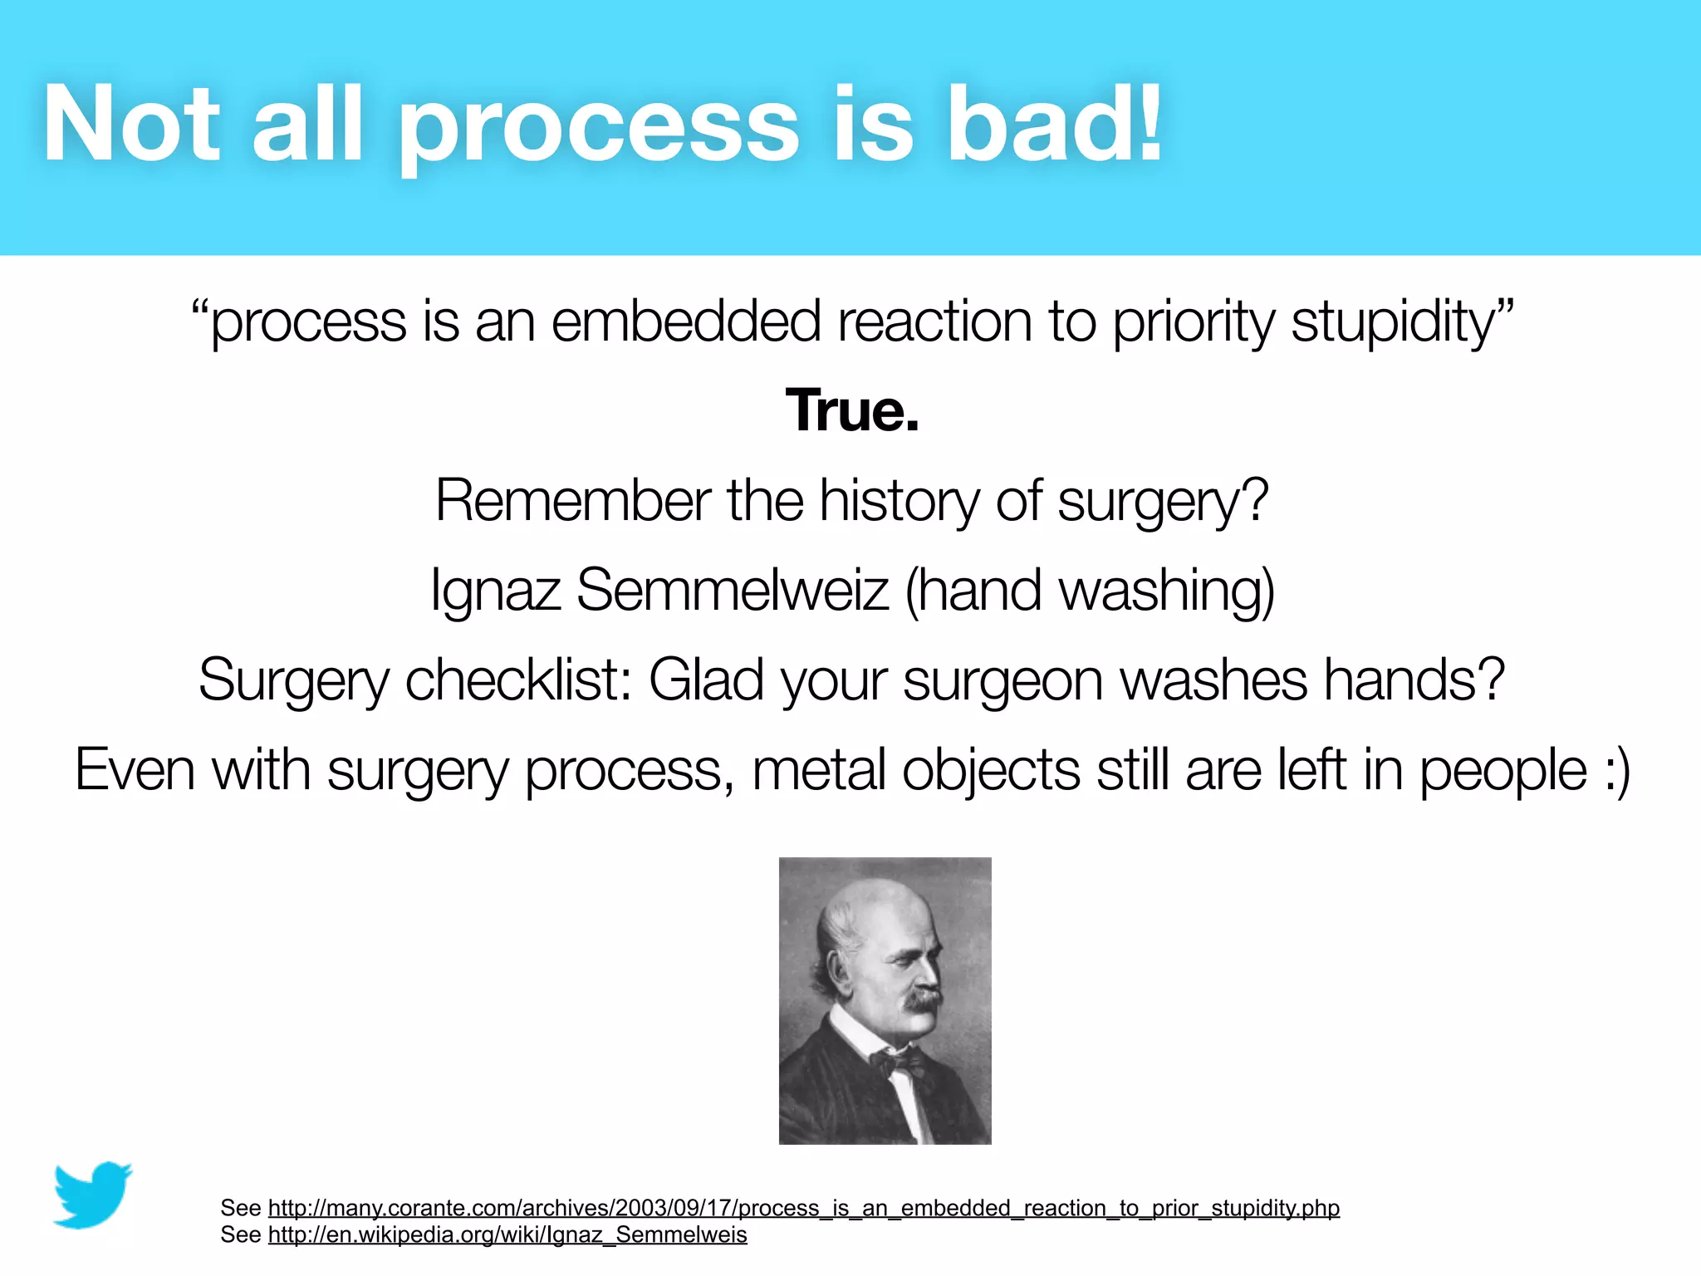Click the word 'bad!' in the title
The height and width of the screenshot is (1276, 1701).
(x=1053, y=125)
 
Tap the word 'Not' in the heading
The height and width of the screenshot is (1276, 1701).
(x=131, y=125)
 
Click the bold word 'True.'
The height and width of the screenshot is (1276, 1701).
(x=852, y=410)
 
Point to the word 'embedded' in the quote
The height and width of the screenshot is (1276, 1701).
(x=686, y=322)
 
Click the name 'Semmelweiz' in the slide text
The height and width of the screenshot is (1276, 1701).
(x=733, y=590)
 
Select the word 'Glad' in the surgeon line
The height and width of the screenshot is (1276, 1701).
(x=706, y=680)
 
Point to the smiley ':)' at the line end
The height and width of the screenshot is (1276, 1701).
(x=1616, y=771)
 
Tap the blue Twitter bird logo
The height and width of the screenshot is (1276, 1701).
(x=92, y=1195)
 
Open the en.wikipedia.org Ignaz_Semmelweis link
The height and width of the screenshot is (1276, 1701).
(x=507, y=1234)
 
